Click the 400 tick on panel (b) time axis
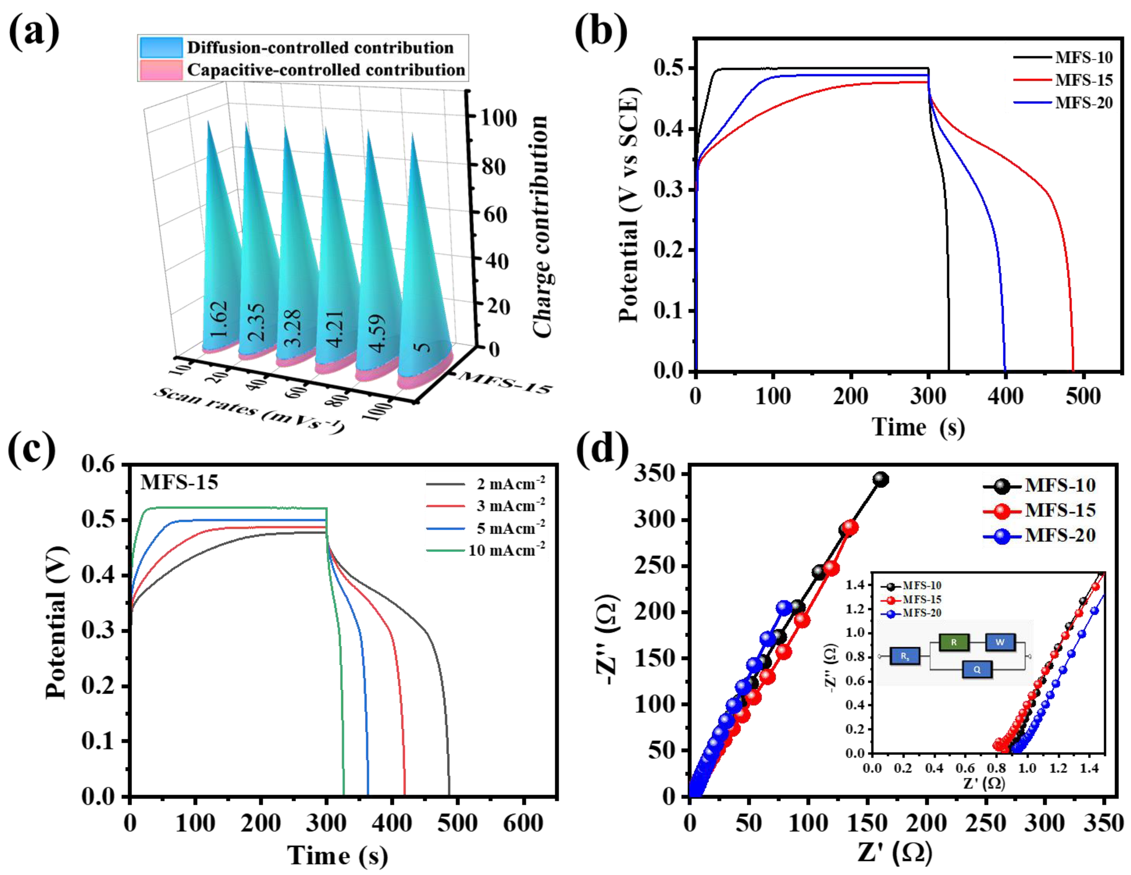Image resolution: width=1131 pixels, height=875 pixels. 1005,396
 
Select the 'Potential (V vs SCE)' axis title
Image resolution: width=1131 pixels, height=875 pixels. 630,204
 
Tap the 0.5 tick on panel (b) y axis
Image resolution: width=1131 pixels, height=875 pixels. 669,68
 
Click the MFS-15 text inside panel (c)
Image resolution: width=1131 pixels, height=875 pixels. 179,482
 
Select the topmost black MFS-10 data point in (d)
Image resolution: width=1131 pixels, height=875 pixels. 880,479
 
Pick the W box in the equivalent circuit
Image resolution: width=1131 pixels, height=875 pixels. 999,643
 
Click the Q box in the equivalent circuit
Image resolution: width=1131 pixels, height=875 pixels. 977,670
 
